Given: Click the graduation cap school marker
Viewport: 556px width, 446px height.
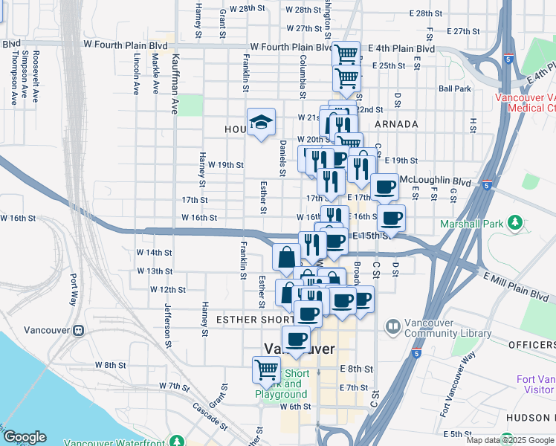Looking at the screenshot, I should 261,122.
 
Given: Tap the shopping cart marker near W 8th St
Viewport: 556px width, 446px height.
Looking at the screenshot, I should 265,369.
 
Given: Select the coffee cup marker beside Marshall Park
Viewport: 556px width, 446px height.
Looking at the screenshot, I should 391,219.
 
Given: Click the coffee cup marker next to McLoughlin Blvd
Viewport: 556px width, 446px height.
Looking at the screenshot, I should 384,187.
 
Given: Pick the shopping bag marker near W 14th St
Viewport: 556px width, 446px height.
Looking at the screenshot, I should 286,257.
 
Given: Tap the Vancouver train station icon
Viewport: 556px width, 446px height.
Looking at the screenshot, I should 79,330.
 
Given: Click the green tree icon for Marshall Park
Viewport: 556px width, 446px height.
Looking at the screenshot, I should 514,222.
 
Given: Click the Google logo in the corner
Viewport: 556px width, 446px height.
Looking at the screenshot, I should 25,437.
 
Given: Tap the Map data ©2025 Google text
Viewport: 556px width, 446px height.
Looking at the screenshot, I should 510,440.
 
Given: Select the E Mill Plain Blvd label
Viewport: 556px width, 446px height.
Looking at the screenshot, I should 517,288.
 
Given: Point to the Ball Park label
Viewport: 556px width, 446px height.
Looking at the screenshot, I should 455,88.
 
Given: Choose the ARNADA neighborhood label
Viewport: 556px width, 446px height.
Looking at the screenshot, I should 396,124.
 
